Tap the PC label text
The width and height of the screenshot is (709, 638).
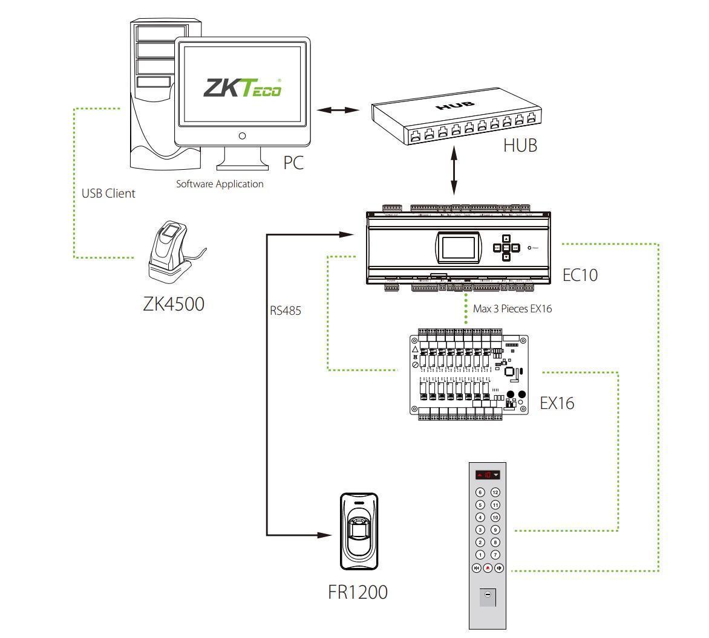293,163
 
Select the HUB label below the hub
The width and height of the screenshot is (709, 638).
520,146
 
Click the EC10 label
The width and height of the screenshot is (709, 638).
580,275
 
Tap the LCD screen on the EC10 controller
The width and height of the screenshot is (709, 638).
457,250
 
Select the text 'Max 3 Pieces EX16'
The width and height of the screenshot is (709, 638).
512,309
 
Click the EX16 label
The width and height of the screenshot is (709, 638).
557,403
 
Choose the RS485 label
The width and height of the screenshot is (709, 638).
285,312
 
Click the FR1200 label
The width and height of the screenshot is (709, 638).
358,592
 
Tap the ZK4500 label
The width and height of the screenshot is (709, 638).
174,303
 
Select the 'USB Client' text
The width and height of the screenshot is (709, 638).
108,194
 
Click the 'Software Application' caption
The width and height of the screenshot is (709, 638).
220,184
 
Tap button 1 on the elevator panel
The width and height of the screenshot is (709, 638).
480,555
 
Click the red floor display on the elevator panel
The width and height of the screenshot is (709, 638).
488,475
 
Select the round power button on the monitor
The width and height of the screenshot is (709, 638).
242,136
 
